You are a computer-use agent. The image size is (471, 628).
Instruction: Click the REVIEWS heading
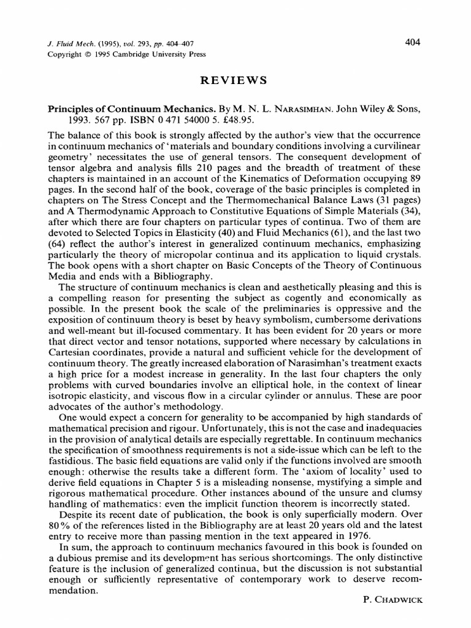(235, 80)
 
